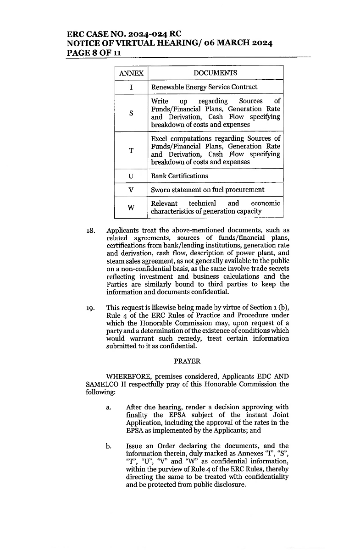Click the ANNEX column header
(x=131, y=73)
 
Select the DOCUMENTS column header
(x=216, y=73)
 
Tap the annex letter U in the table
(x=131, y=176)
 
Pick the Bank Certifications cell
(x=180, y=176)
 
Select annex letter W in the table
(x=131, y=207)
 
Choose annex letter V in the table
(x=131, y=189)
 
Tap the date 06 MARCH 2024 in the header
(x=236, y=44)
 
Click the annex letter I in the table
(x=131, y=87)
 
